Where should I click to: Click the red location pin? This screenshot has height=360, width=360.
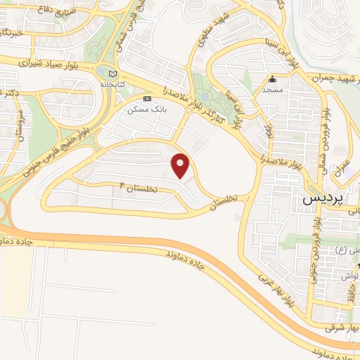pyautogui.click(x=181, y=165)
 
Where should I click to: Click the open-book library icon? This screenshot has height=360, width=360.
pyautogui.click(x=112, y=73)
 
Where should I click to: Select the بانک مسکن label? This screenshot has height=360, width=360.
pyautogui.click(x=143, y=110)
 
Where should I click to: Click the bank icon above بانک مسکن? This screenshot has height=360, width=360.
pyautogui.click(x=146, y=99)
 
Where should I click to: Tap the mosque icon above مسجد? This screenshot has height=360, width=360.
pyautogui.click(x=272, y=79)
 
